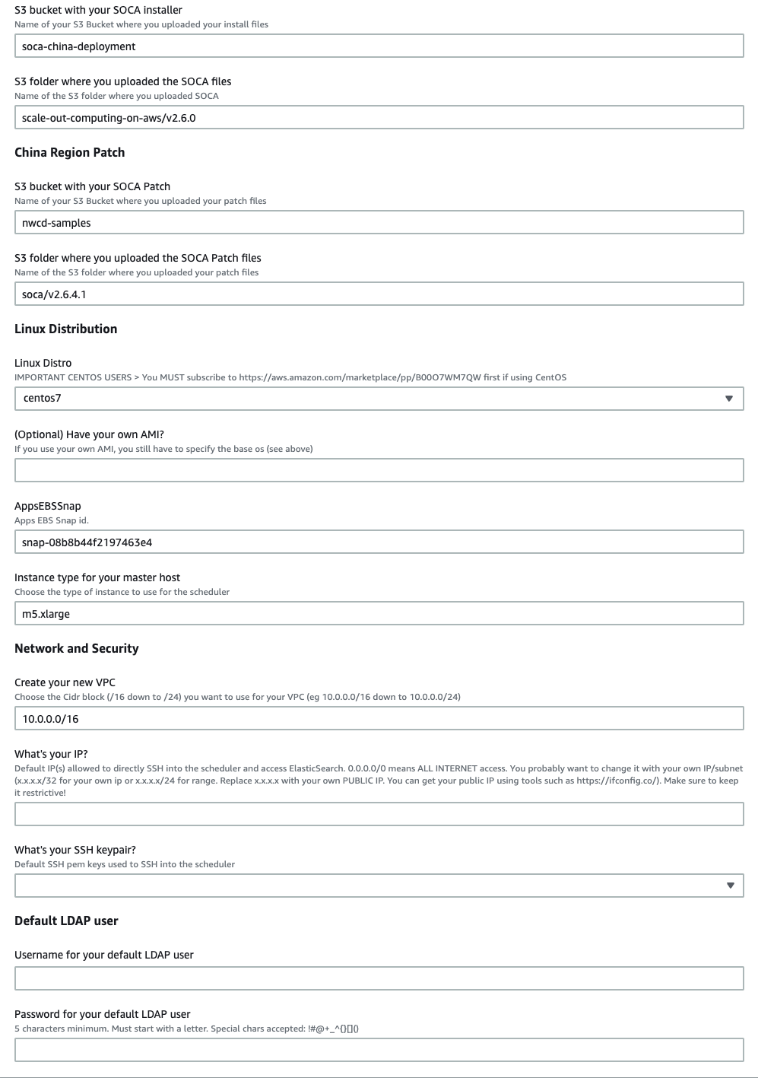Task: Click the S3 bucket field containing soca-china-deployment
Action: pyautogui.click(x=379, y=46)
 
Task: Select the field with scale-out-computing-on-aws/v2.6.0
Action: pyautogui.click(x=379, y=118)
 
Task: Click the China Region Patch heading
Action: pyautogui.click(x=70, y=152)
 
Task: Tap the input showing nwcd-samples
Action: pyautogui.click(x=379, y=223)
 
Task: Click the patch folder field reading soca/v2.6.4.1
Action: pyautogui.click(x=379, y=294)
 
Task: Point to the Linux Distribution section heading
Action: pyautogui.click(x=66, y=329)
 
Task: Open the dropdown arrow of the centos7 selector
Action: pyautogui.click(x=729, y=399)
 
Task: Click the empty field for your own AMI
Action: pyautogui.click(x=379, y=470)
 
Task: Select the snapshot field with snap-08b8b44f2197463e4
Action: pyautogui.click(x=379, y=542)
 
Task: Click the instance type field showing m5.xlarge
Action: pyautogui.click(x=379, y=614)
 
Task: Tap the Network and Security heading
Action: pyautogui.click(x=77, y=648)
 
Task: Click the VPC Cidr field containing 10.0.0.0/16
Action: pyautogui.click(x=379, y=719)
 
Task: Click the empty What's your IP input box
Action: pyautogui.click(x=379, y=815)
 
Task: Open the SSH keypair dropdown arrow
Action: pyautogui.click(x=730, y=886)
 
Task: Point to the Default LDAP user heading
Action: pyautogui.click(x=67, y=921)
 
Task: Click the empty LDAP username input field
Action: pyautogui.click(x=379, y=979)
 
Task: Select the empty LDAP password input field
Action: pyautogui.click(x=379, y=1051)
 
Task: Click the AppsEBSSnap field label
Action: pyautogui.click(x=48, y=506)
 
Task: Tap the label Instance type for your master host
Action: pyautogui.click(x=97, y=577)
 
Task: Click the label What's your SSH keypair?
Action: pyautogui.click(x=75, y=850)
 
